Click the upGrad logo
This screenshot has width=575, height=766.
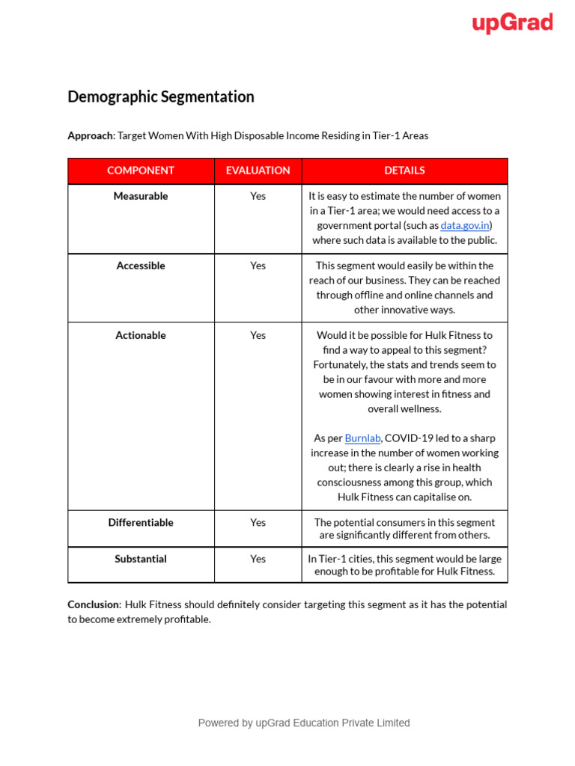[x=512, y=23]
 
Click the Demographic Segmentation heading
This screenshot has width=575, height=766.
[x=161, y=96]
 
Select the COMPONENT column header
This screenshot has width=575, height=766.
[x=141, y=171]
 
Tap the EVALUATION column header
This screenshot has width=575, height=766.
[x=258, y=171]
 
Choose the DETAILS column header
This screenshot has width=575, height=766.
[x=404, y=171]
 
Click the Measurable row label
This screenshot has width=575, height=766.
[x=141, y=196]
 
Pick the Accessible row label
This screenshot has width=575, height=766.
[x=141, y=266]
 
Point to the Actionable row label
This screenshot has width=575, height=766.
[x=141, y=335]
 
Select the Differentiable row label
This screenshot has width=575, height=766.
[x=141, y=522]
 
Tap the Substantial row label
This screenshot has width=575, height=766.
[x=141, y=559]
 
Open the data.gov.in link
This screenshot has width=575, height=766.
[x=465, y=225]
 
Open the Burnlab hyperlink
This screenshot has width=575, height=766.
[x=362, y=438]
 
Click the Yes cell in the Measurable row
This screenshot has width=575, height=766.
[x=258, y=196]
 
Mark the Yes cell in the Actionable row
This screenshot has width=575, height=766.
[x=258, y=335]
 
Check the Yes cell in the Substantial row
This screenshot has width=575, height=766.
[x=258, y=559]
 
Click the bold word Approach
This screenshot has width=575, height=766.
[x=90, y=135]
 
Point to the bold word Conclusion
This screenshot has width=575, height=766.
[x=94, y=604]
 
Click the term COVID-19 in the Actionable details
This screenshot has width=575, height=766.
[x=409, y=438]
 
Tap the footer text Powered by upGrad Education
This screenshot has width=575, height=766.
[x=303, y=723]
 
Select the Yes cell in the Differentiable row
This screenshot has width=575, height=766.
[x=258, y=522]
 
